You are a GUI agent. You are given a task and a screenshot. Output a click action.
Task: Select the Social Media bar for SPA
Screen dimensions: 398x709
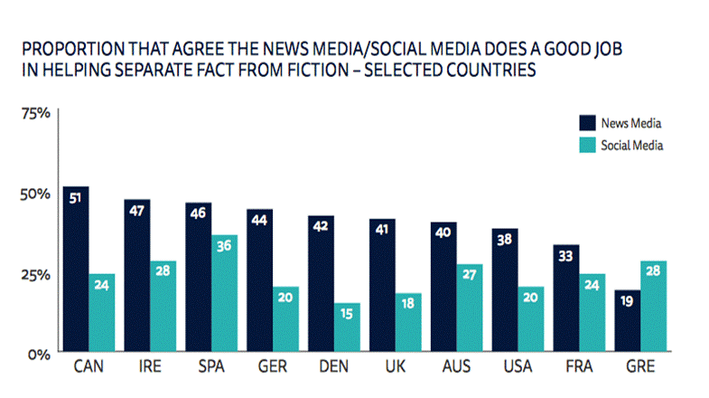click(x=224, y=293)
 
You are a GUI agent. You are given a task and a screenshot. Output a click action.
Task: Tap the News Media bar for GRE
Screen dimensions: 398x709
click(x=626, y=320)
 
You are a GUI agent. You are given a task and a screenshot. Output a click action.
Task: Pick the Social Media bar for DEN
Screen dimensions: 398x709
click(x=347, y=327)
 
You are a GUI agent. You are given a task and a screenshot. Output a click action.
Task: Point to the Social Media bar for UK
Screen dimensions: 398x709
click(x=408, y=322)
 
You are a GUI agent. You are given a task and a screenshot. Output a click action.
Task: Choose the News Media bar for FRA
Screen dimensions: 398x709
click(x=565, y=298)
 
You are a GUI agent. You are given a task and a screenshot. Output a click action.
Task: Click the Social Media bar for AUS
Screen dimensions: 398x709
click(x=470, y=308)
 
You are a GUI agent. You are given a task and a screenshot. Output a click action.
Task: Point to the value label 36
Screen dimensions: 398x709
click(x=224, y=242)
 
